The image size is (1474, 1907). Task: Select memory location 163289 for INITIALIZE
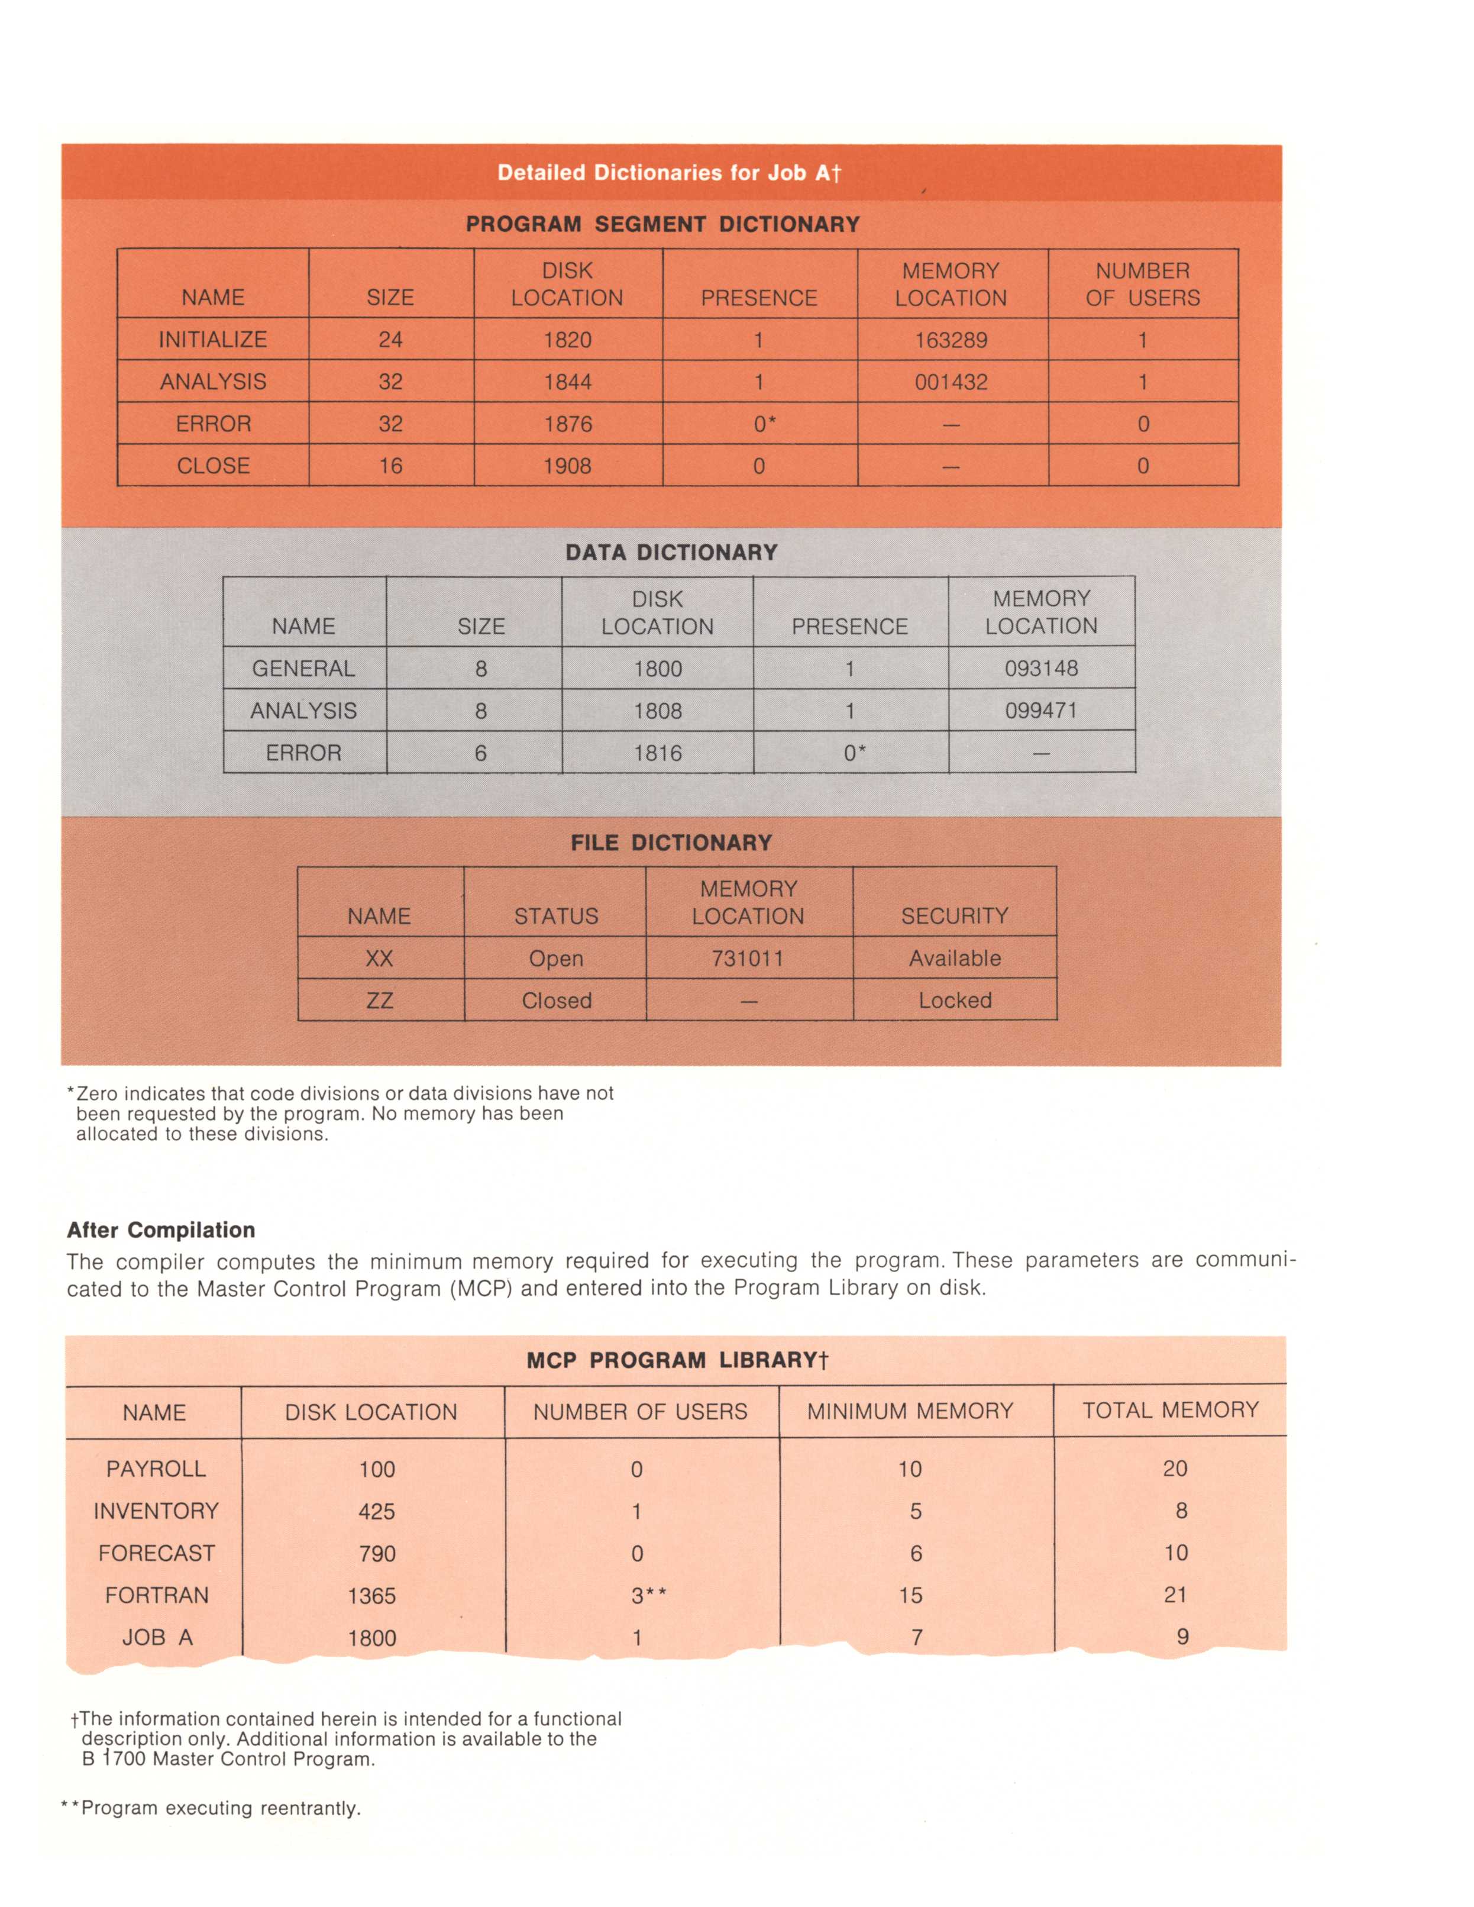point(951,340)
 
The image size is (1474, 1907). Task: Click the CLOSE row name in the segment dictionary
point(213,466)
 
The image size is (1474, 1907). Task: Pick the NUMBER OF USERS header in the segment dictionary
point(1142,285)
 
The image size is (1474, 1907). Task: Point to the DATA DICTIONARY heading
point(671,553)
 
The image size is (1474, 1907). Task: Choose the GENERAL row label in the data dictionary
point(303,669)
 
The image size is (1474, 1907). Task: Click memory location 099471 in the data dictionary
point(1041,711)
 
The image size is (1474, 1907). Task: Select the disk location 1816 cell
point(657,753)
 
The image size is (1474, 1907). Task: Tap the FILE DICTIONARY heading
point(671,843)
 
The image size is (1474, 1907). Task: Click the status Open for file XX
point(556,959)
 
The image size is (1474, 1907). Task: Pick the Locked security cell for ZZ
point(955,1001)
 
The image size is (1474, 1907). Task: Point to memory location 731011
point(748,959)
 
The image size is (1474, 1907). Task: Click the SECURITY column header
point(955,916)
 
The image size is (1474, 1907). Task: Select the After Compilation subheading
point(161,1230)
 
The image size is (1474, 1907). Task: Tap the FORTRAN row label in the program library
point(157,1595)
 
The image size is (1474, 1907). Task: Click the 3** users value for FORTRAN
point(648,1595)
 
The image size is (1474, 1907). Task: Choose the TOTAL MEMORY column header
point(1171,1410)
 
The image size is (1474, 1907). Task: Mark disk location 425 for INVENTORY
point(376,1511)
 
